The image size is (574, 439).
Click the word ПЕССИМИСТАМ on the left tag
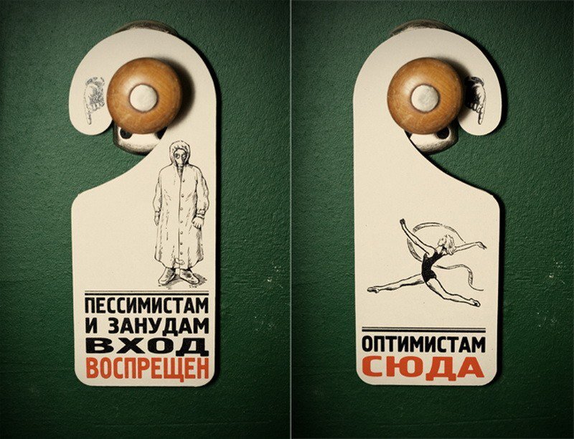(x=146, y=306)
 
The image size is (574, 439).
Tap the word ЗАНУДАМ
(x=157, y=326)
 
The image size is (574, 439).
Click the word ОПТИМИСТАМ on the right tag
(x=423, y=344)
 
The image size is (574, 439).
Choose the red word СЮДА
(x=423, y=367)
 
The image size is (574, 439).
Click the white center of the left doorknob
(x=143, y=98)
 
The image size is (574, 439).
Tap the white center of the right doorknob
(x=425, y=98)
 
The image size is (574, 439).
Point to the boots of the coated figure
(x=179, y=276)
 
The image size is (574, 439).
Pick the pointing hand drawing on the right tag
(x=476, y=99)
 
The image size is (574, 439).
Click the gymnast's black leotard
(x=428, y=264)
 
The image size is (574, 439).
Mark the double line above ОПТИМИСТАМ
(x=423, y=329)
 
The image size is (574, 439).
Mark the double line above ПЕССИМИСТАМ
(x=146, y=293)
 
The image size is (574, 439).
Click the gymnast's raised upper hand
(x=403, y=222)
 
